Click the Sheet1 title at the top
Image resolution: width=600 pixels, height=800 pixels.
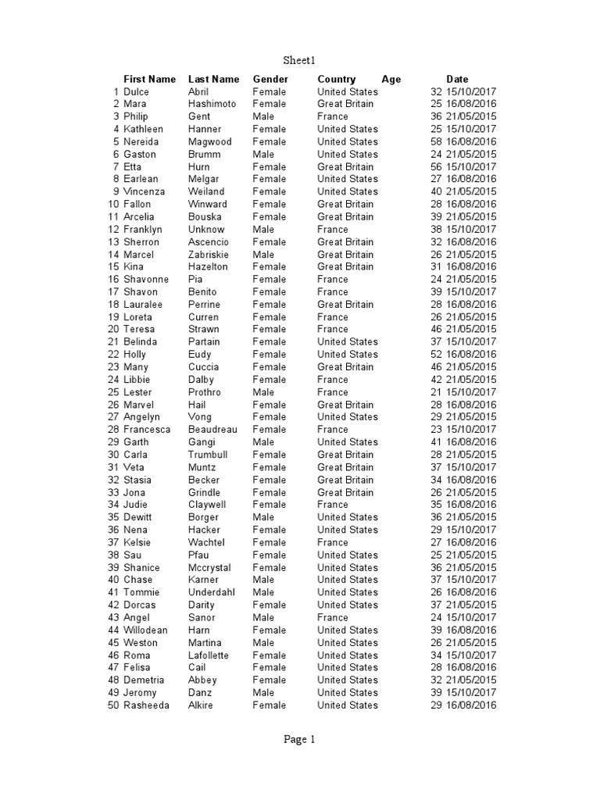(299, 60)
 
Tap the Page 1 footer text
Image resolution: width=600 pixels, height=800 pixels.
(299, 740)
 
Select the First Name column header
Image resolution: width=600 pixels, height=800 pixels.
(150, 79)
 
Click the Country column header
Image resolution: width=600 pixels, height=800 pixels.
(336, 79)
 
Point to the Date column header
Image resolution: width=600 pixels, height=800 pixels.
(457, 79)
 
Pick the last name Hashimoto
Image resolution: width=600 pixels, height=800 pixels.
(212, 104)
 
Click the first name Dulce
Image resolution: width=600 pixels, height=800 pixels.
(136, 91)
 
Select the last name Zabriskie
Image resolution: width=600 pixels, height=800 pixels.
(210, 255)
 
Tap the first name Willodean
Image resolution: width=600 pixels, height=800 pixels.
(145, 630)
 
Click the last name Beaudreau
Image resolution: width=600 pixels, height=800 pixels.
(213, 430)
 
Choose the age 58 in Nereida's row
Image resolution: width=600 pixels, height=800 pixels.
(436, 141)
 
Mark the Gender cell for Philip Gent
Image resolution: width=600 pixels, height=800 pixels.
(263, 116)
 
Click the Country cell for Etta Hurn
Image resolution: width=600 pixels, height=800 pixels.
(345, 166)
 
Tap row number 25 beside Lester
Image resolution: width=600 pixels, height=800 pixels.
(113, 392)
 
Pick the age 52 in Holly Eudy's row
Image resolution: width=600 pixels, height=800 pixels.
(436, 355)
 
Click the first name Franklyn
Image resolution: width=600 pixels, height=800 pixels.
(143, 230)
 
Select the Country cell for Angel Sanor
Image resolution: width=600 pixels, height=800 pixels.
(333, 617)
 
